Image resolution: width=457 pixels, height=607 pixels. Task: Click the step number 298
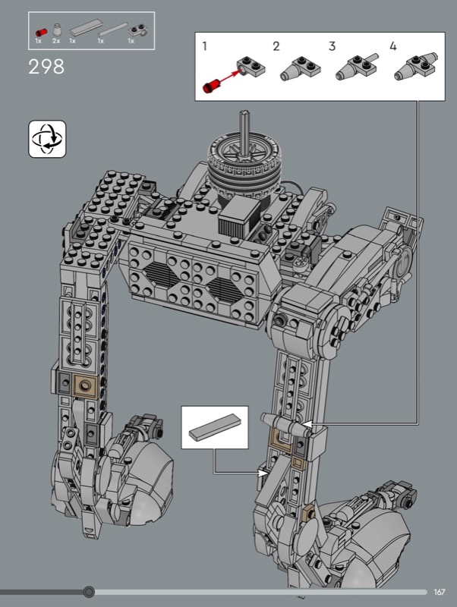click(46, 67)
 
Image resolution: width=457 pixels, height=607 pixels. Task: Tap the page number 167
click(440, 592)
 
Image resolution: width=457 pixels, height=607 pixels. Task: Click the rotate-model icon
click(47, 139)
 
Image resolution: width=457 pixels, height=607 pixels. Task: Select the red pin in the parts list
click(41, 32)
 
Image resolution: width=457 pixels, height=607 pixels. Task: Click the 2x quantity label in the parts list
click(56, 41)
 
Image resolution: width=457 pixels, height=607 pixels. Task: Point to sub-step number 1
click(204, 46)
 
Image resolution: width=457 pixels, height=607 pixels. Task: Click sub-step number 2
click(276, 46)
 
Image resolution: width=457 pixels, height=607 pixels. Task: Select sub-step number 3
click(332, 46)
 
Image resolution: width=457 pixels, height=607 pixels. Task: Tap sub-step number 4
click(393, 46)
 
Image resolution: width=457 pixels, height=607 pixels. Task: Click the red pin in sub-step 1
click(211, 86)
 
